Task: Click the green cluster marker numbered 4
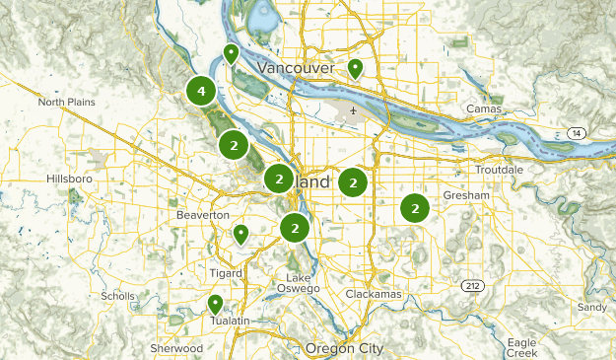click(201, 92)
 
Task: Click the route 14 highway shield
click(576, 132)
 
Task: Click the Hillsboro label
click(68, 179)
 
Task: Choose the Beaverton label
click(202, 214)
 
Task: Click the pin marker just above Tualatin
click(215, 304)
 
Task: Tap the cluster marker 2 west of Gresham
click(415, 208)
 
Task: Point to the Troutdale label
click(499, 170)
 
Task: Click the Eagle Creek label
click(520, 347)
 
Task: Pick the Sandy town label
click(591, 307)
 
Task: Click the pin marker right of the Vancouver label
click(354, 68)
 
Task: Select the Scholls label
click(117, 296)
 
